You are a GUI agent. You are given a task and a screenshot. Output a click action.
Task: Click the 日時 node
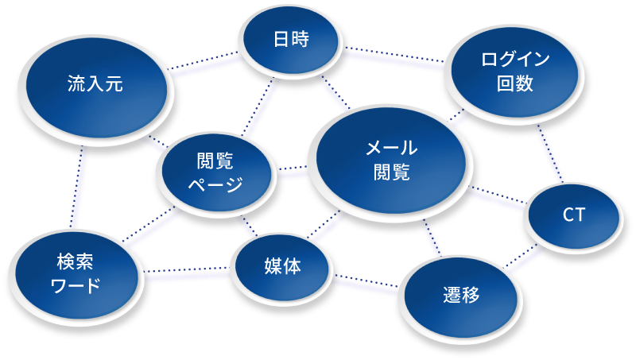click(290, 40)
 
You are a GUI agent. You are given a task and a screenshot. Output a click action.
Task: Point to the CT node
click(572, 215)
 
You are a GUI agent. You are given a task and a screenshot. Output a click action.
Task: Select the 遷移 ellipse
click(461, 296)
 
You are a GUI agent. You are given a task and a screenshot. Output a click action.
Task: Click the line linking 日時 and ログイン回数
click(394, 60)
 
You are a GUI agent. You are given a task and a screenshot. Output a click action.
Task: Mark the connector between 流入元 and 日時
click(205, 66)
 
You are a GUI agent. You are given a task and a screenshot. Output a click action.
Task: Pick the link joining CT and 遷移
click(525, 259)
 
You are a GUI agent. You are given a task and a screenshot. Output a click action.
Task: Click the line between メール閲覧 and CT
click(497, 199)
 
